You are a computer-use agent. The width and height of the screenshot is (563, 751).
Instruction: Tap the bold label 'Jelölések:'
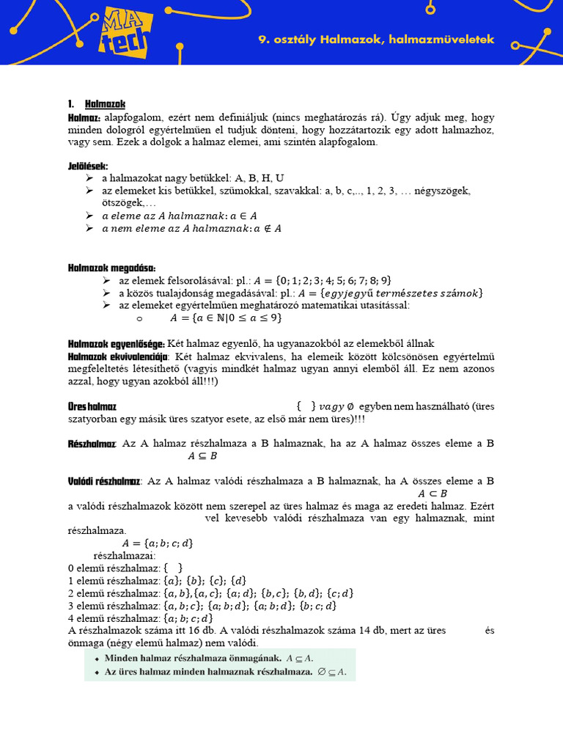[x=88, y=166]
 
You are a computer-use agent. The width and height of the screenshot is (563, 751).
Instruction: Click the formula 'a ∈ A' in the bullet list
[x=243, y=216]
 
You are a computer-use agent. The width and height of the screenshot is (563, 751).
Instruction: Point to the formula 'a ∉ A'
[x=266, y=229]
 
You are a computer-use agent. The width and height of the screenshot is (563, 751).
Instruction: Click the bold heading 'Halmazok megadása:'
[x=111, y=268]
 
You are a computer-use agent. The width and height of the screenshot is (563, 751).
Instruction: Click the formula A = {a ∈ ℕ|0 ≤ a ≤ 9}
[x=226, y=318]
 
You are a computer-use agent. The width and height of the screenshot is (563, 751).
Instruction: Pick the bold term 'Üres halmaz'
[x=92, y=406]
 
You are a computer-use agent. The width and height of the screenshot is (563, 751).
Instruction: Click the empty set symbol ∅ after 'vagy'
[x=351, y=406]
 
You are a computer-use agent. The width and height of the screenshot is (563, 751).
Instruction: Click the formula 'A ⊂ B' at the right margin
[x=433, y=494]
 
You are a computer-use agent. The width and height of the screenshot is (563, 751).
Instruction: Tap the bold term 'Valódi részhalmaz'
[x=104, y=481]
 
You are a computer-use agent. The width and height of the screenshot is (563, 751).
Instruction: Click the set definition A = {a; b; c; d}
[x=158, y=543]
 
